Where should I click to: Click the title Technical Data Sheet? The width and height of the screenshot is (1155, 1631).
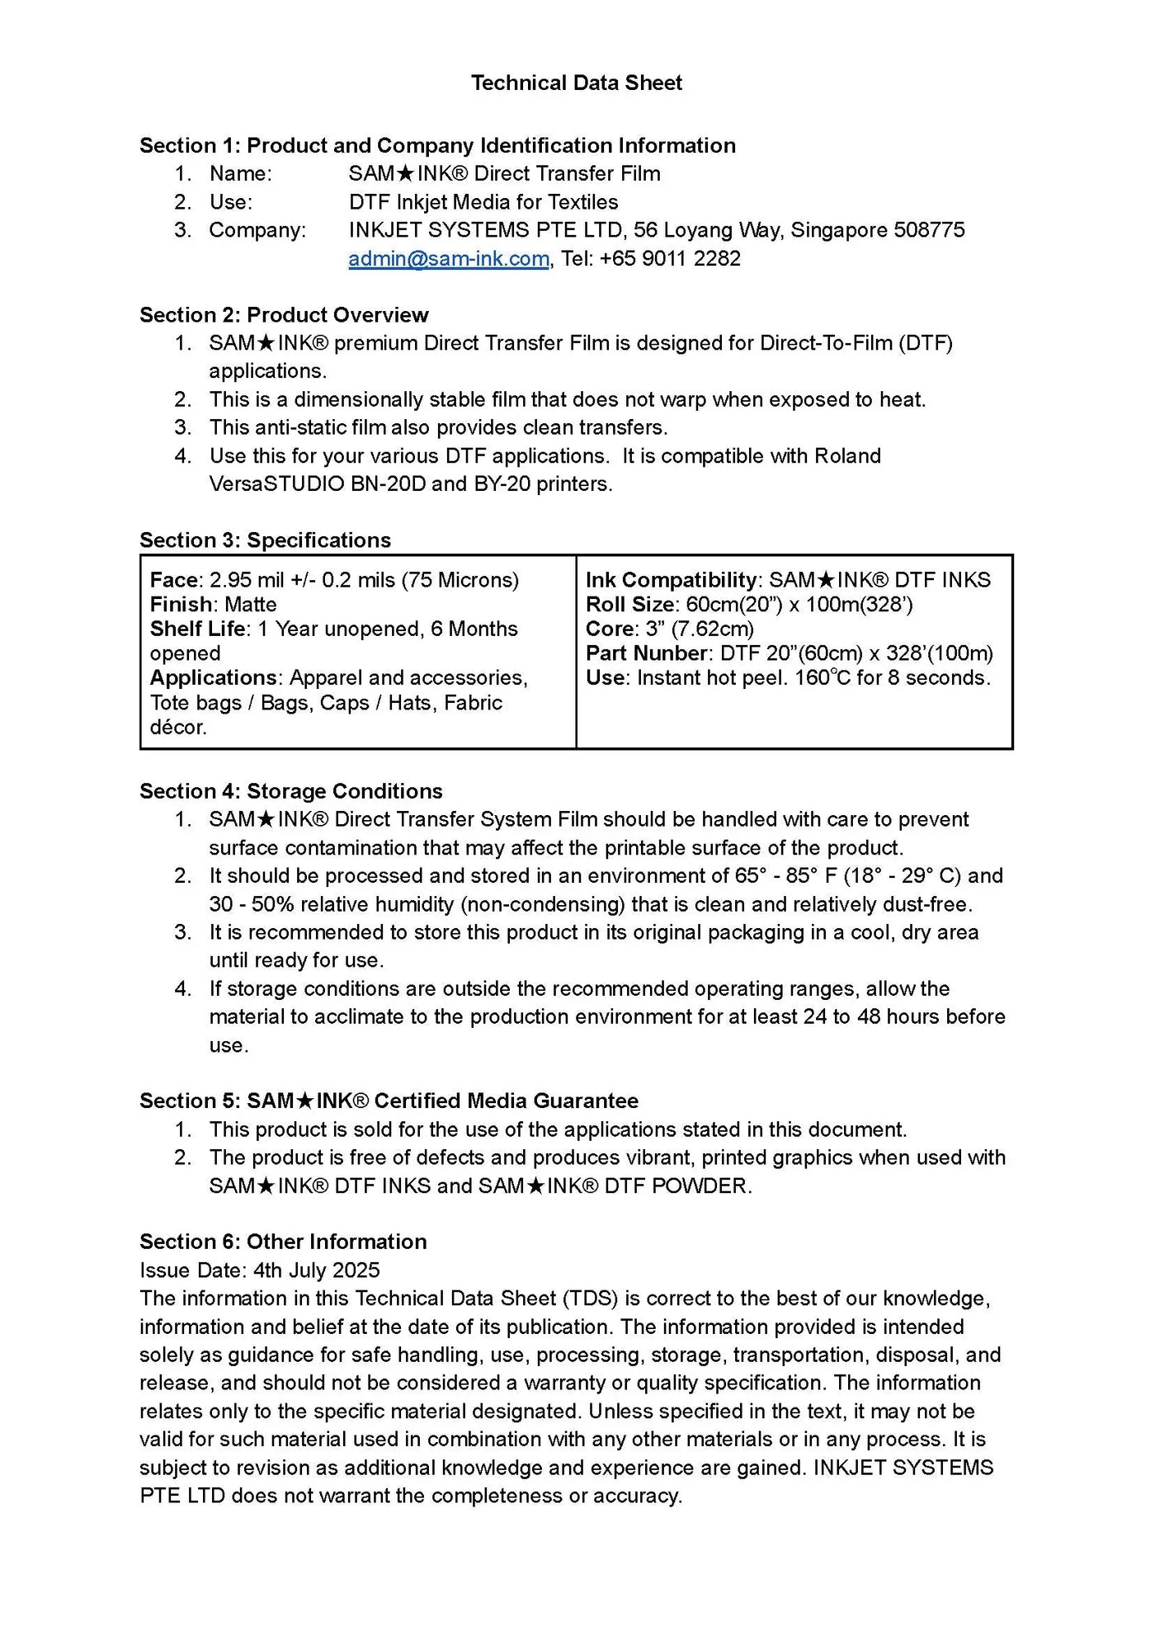(x=577, y=82)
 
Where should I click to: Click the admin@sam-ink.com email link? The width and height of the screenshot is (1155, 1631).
(x=448, y=258)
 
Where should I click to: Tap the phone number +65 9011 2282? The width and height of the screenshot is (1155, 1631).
(x=670, y=258)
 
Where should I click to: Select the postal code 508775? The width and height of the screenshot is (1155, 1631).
(x=929, y=230)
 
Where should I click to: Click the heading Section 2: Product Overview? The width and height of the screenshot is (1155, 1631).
(x=284, y=315)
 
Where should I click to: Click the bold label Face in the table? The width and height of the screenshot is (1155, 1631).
(x=174, y=580)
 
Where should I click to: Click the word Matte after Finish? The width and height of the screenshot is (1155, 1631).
(x=250, y=605)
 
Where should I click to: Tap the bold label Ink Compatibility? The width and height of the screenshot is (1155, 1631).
(x=671, y=580)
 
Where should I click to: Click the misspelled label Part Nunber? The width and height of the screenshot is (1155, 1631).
(x=646, y=653)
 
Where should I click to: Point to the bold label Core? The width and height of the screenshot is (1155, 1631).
(x=610, y=629)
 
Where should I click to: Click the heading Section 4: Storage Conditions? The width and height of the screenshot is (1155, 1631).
(x=290, y=791)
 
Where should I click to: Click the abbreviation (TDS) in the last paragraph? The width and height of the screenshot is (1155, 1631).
(x=590, y=1299)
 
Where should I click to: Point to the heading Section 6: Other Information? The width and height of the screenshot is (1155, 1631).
(x=283, y=1242)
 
